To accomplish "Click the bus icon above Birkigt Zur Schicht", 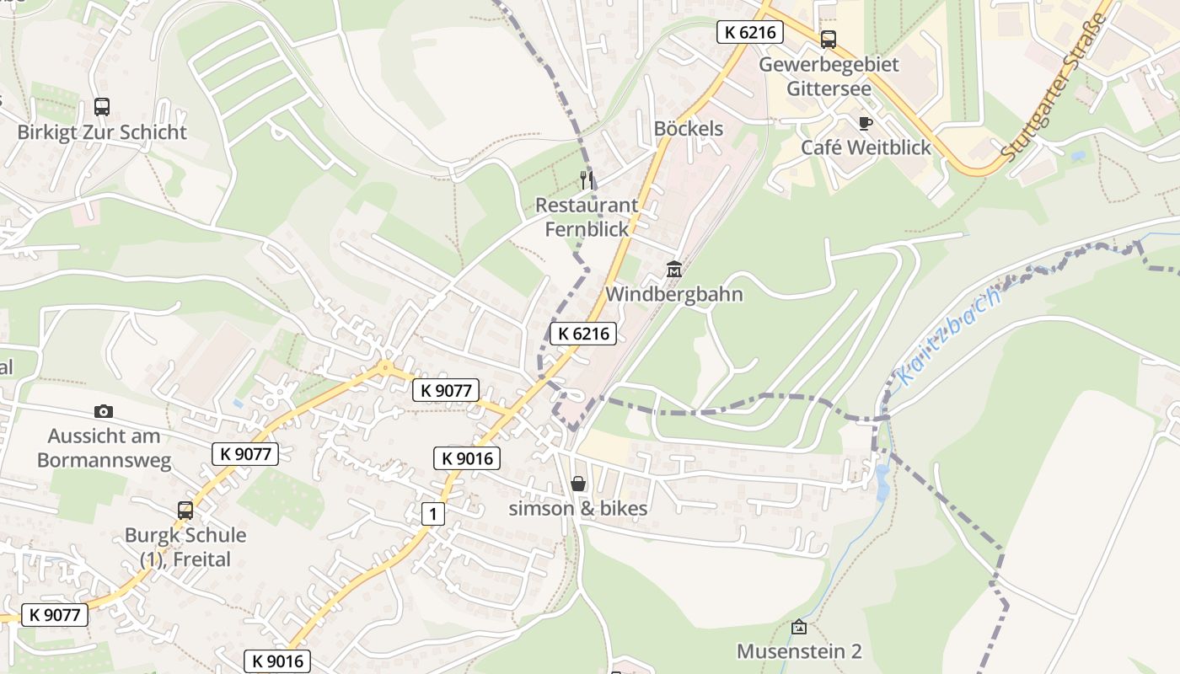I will click(102, 107).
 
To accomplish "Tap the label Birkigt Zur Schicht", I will click(102, 132).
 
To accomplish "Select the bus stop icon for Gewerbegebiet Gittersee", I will click(829, 39).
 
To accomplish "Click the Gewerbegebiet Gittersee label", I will click(829, 76).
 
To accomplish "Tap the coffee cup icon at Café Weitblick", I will click(865, 123).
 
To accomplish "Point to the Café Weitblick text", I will click(866, 147).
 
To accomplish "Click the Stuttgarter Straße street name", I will click(1054, 88).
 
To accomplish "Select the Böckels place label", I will click(689, 129).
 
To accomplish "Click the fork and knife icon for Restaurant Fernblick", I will click(587, 179).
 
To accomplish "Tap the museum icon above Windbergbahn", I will click(674, 270).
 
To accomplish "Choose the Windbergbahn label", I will click(674, 294).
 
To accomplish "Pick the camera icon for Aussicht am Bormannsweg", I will click(104, 411).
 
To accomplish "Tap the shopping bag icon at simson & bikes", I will click(578, 484).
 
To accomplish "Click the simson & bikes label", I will click(578, 508).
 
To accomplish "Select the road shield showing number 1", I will click(432, 514).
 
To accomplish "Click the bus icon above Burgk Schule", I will click(185, 510).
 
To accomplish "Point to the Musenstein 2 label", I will click(799, 651).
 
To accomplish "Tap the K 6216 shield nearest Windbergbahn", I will click(583, 334).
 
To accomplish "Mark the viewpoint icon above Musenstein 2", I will click(799, 627).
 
